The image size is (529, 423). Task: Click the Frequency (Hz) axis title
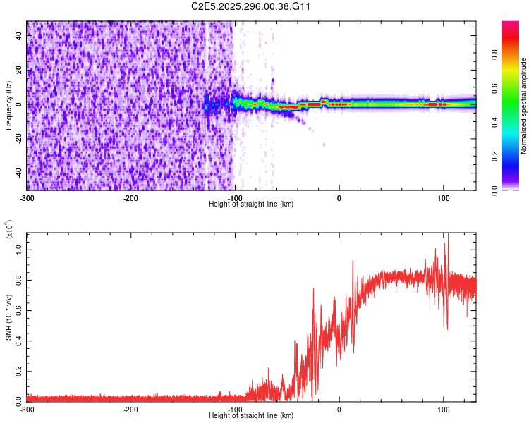[8, 105]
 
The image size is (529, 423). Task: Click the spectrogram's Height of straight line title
[251, 204]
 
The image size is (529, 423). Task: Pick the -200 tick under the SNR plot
[130, 409]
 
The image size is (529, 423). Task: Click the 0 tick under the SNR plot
[339, 409]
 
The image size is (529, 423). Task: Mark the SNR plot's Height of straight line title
[251, 416]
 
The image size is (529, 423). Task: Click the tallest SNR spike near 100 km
[446, 235]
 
